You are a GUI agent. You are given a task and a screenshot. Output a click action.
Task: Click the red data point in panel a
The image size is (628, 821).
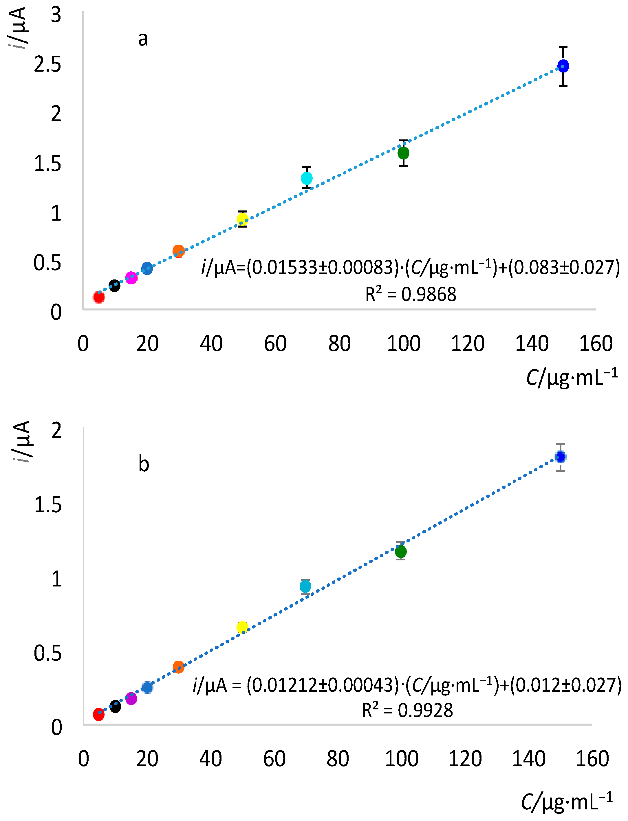pyautogui.click(x=99, y=297)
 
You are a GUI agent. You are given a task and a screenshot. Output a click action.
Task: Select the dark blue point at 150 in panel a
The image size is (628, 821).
pyautogui.click(x=563, y=66)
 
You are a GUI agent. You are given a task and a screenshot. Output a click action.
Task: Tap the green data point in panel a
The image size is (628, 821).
pyautogui.click(x=403, y=153)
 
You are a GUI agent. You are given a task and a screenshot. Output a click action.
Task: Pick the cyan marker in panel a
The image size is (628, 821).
pyautogui.click(x=307, y=178)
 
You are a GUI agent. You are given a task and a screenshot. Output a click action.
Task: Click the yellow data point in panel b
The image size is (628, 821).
pyautogui.click(x=242, y=627)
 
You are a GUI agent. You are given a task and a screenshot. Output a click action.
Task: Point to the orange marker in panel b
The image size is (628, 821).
pyautogui.click(x=178, y=667)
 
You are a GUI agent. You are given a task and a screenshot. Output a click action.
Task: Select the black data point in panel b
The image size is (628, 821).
pyautogui.click(x=115, y=707)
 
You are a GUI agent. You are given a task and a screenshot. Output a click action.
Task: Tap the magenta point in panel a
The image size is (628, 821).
pyautogui.click(x=131, y=278)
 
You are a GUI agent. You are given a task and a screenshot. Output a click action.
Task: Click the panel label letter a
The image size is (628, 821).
pyautogui.click(x=143, y=39)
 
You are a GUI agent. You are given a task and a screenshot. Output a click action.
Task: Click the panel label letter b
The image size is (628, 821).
pyautogui.click(x=144, y=464)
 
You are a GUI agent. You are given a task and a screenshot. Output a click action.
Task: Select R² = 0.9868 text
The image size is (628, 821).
pyautogui.click(x=411, y=295)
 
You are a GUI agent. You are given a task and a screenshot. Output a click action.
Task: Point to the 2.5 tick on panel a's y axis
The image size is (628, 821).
pyautogui.click(x=47, y=64)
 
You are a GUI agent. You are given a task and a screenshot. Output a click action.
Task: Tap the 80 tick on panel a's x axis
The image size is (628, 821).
pyautogui.click(x=339, y=344)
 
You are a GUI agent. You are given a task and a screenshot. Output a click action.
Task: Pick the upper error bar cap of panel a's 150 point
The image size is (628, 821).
pyautogui.click(x=563, y=47)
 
